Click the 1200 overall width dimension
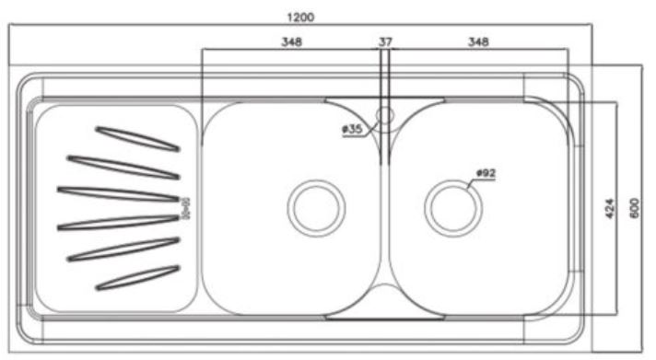(x=300, y=17)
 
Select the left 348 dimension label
(x=291, y=41)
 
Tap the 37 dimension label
(x=385, y=41)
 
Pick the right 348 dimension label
(x=478, y=41)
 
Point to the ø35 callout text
(x=352, y=129)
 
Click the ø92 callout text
(x=486, y=173)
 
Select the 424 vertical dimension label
(x=610, y=208)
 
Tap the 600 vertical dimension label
(x=634, y=208)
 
